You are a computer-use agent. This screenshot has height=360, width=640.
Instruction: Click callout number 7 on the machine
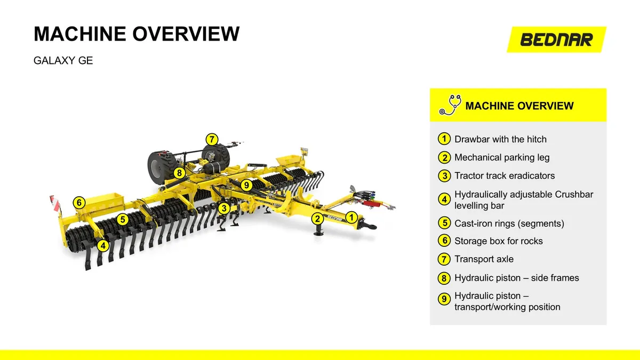tap(212, 139)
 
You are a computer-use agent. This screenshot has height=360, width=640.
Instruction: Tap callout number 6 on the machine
tap(79, 203)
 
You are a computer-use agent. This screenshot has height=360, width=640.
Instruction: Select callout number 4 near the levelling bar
tap(103, 245)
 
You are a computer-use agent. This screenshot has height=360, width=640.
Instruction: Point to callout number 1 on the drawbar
tap(351, 218)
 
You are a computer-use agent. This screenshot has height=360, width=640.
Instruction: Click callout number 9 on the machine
tap(246, 185)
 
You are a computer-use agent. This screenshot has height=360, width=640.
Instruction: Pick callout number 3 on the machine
tap(223, 209)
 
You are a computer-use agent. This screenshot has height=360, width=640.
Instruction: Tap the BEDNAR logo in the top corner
tap(556, 39)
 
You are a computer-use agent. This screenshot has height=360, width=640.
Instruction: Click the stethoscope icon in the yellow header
tap(450, 105)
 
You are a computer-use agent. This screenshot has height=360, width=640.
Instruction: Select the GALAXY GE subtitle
tap(63, 61)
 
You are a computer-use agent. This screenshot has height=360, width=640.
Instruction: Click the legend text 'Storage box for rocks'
tap(498, 241)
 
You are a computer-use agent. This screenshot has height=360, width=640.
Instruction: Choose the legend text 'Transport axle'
tap(484, 259)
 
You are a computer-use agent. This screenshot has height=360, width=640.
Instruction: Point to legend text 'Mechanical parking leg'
tap(502, 157)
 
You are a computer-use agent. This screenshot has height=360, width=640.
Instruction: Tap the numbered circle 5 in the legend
tap(444, 223)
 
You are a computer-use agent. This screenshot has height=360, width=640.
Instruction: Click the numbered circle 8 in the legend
tap(444, 278)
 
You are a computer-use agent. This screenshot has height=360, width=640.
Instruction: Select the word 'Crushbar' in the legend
tap(574, 194)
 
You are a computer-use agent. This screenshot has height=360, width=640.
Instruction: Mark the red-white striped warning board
tap(54, 203)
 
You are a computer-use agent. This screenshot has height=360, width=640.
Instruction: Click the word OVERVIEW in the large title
tap(186, 34)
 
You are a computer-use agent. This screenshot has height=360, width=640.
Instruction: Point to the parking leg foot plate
tap(318, 234)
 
